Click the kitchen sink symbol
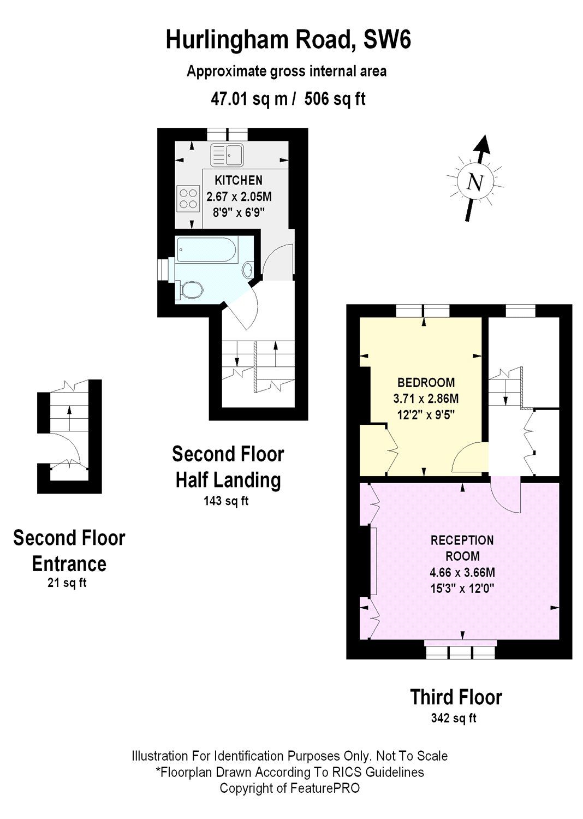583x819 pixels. tap(227, 155)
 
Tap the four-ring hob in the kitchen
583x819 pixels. tap(188, 199)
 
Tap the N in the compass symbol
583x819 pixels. tap(475, 181)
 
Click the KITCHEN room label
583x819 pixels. tap(239, 180)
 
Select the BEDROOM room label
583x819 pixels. tap(426, 382)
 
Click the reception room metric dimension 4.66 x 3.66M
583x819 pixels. tap(462, 572)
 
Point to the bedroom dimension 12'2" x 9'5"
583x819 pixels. tap(426, 414)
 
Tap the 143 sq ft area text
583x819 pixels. tap(226, 501)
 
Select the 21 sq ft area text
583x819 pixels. tap(67, 583)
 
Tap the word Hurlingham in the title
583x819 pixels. tap(226, 40)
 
